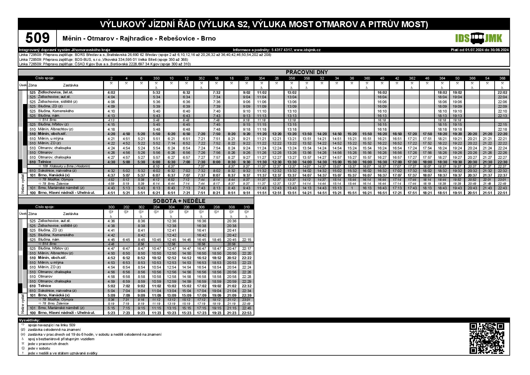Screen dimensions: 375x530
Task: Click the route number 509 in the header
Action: pyautogui.click(x=37, y=38)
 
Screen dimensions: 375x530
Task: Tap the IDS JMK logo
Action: pyautogui.click(x=479, y=38)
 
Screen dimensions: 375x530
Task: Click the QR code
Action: pyautogui.click(x=487, y=338)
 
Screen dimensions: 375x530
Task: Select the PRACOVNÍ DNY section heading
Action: pyautogui.click(x=307, y=72)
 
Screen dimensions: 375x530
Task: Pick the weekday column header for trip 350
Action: pyautogui.click(x=156, y=78)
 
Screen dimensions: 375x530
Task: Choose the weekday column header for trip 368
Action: pyautogui.click(x=502, y=78)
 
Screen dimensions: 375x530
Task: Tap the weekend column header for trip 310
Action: pyautogui.click(x=246, y=207)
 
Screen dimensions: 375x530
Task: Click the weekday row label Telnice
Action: pyautogui.click(x=45, y=162)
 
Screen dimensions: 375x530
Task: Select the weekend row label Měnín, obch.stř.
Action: pyautogui.click(x=52, y=258)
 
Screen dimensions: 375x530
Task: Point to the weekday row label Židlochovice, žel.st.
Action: pyautogui.click(x=56, y=92)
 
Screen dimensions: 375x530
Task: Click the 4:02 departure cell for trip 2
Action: pyautogui.click(x=111, y=93)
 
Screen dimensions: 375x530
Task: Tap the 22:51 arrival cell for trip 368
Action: pyautogui.click(x=502, y=193)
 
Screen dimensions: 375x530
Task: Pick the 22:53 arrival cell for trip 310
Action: pyautogui.click(x=246, y=313)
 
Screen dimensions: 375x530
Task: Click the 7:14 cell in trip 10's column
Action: pyautogui.click(x=171, y=143)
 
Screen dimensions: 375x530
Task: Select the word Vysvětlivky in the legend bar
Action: pyautogui.click(x=29, y=320)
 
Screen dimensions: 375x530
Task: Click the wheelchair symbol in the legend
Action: pyautogui.click(x=23, y=339)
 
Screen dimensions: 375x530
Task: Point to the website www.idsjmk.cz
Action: pyautogui.click(x=307, y=50)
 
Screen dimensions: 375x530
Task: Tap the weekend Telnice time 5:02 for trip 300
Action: pyautogui.click(x=111, y=286)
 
